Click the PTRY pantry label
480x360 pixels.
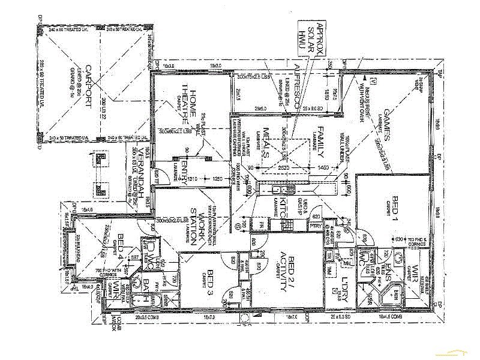(x=316, y=226)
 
